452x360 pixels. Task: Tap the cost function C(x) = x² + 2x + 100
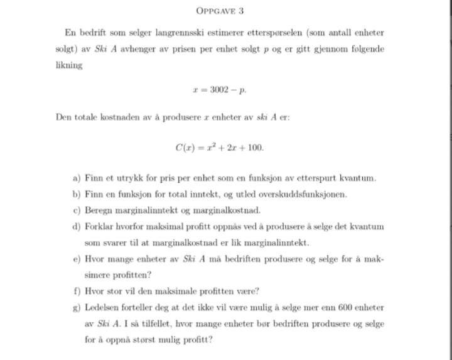pos(220,148)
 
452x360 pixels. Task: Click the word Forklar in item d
pos(99,226)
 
